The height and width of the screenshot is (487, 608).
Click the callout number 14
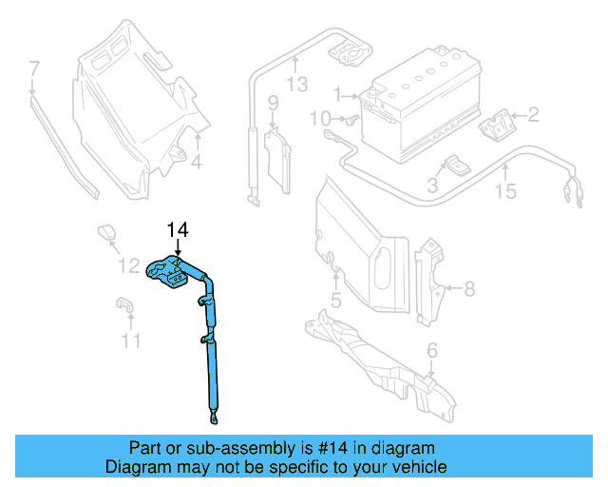click(178, 229)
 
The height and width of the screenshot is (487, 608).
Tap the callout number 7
click(34, 68)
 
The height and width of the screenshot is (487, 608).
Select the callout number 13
click(297, 86)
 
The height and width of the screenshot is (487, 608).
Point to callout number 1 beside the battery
click(336, 94)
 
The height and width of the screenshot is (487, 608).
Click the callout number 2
click(533, 116)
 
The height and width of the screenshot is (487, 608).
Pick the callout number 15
click(505, 191)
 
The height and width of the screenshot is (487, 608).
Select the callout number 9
click(272, 103)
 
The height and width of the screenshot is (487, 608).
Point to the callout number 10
click(320, 118)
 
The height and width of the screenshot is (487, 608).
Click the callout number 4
click(196, 163)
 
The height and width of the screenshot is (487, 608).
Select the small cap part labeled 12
click(104, 231)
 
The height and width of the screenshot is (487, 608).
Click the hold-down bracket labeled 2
click(496, 126)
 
